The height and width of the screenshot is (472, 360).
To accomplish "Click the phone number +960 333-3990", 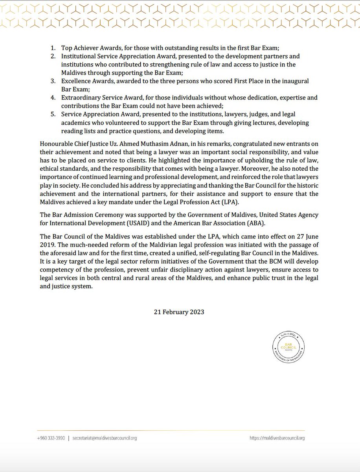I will pos(51,438).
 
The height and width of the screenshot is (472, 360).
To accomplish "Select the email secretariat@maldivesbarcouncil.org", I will pos(105,438).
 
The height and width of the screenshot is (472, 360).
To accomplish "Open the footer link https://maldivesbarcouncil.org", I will pos(277,438).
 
